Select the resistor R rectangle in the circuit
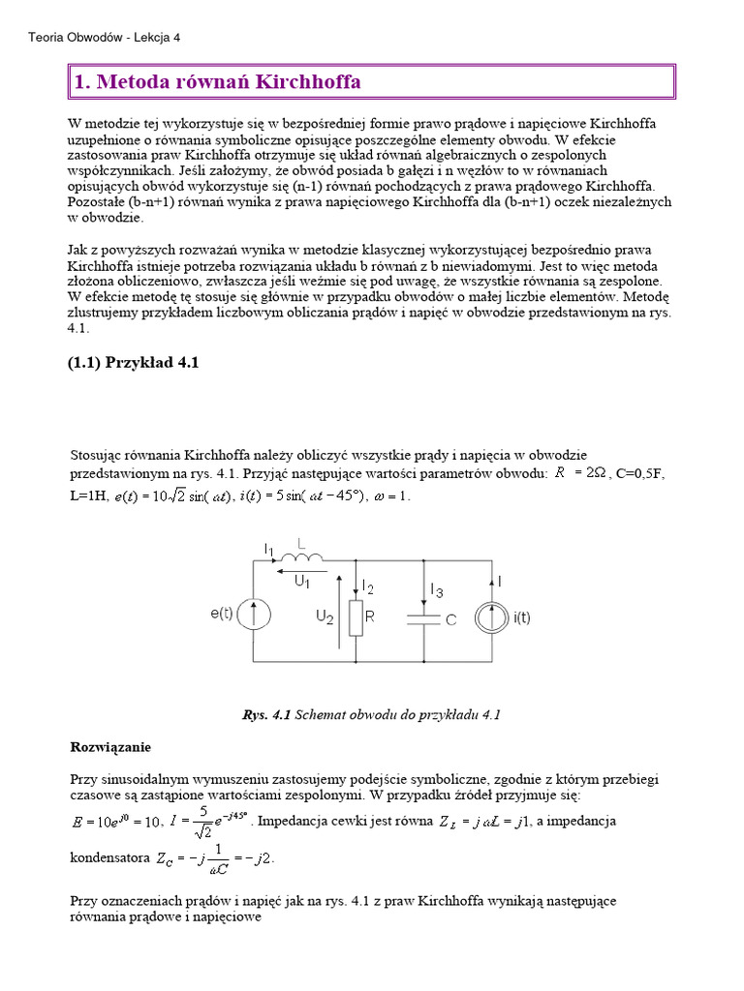point(356,616)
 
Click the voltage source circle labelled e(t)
point(254,613)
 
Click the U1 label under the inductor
point(301,582)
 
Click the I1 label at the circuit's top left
point(270,549)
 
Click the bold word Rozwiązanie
point(111,747)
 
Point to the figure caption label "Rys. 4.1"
point(265,715)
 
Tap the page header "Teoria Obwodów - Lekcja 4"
point(105,37)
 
